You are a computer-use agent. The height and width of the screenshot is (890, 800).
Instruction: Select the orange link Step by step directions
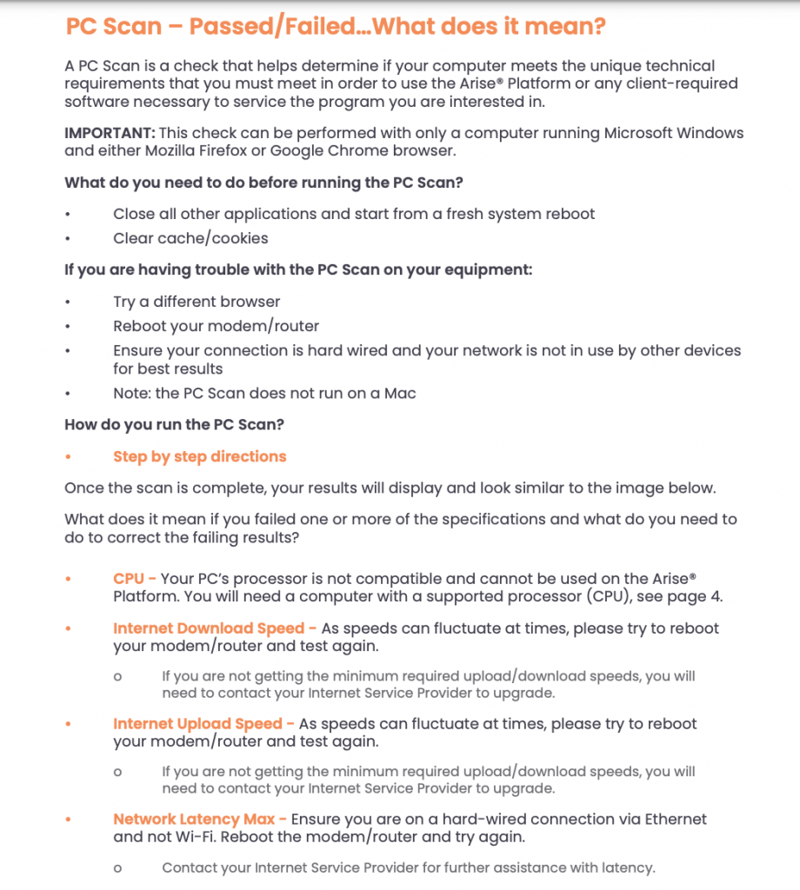coord(199,456)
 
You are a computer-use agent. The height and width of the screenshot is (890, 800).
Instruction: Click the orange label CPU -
coord(135,579)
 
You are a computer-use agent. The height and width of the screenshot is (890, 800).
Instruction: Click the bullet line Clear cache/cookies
coord(190,238)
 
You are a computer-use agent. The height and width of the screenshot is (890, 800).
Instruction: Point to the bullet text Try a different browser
coord(197,302)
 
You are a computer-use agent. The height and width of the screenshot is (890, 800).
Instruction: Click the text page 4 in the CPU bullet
coord(694,596)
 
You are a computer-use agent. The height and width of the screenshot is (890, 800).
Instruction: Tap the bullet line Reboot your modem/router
coord(216,326)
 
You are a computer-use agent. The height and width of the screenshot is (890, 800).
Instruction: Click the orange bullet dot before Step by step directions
coord(69,457)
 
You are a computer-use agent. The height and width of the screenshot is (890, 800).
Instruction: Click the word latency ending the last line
coord(623,867)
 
